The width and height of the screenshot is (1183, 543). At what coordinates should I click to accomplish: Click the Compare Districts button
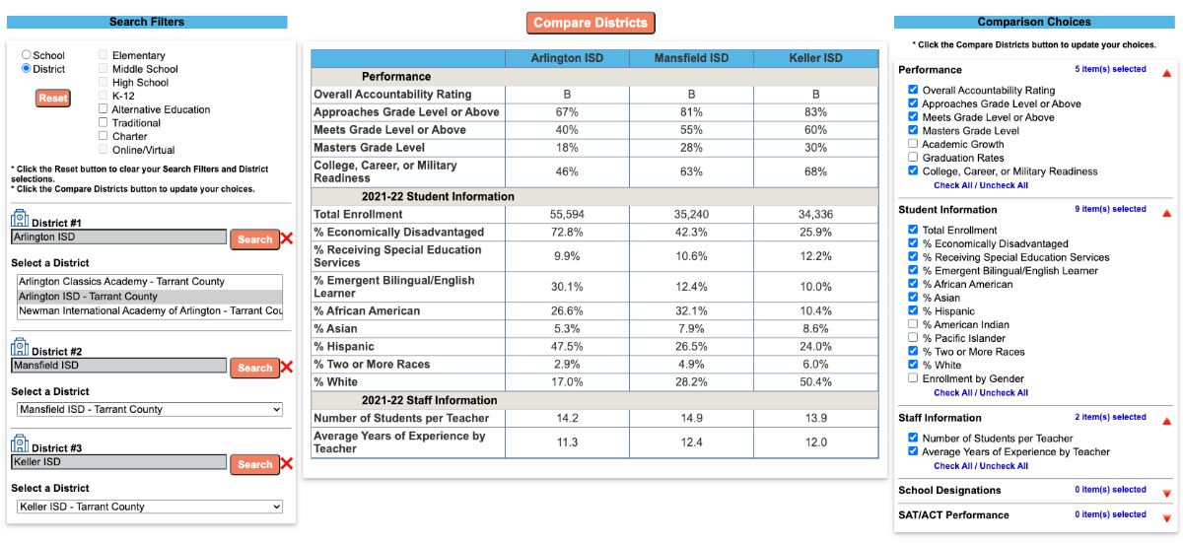coord(591,23)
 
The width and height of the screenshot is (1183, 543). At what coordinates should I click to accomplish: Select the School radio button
coord(27,56)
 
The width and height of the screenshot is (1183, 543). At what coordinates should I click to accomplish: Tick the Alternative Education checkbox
coord(104,109)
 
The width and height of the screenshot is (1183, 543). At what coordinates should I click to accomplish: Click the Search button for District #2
coord(254,368)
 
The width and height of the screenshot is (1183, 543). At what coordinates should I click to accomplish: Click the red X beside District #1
coord(287,238)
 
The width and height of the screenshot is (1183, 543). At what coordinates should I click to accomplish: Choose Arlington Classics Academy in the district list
coord(121,282)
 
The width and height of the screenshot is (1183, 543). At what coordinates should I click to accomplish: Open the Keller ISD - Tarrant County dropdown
coord(150,507)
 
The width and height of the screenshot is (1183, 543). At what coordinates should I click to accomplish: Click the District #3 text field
coord(118,462)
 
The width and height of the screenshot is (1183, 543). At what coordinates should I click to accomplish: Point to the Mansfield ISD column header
coord(691,58)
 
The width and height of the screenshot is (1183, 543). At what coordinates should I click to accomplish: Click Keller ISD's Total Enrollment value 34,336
coord(815,214)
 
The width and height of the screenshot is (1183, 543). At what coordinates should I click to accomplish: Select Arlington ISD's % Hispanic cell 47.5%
coord(566,347)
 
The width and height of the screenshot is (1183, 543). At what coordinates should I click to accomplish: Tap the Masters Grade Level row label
coord(371,148)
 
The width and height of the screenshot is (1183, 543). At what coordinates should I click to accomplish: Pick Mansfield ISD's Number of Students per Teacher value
coord(691,418)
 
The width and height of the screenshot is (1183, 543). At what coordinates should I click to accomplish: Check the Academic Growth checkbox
coord(913,144)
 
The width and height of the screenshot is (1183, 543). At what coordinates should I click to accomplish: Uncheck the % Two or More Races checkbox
coord(913,352)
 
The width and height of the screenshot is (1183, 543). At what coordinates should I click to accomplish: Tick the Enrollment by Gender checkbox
coord(913,378)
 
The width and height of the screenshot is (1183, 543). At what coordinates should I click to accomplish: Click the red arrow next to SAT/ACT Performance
coord(1166,516)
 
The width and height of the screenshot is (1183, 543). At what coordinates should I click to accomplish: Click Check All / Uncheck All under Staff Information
coord(980,466)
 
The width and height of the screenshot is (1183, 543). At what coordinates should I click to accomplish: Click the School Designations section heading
coord(949,490)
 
